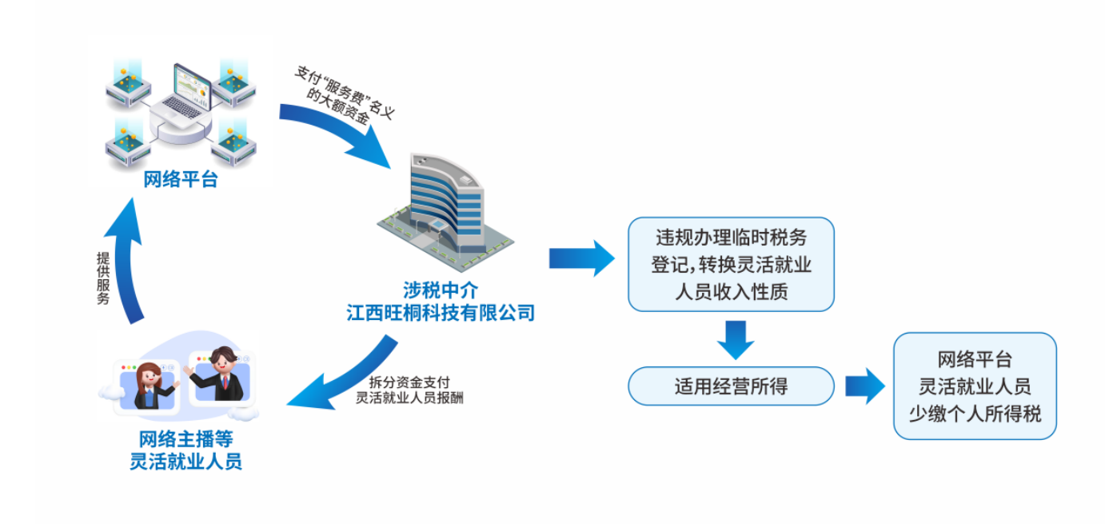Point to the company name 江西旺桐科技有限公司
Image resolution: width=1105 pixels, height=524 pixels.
[x=440, y=312]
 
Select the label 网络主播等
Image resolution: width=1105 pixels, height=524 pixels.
[x=185, y=439]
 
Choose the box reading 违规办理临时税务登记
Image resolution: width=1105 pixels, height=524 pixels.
[x=731, y=264]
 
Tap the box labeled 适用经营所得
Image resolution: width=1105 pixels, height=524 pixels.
[x=731, y=386]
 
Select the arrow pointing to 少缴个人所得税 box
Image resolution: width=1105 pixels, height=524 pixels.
[x=864, y=386]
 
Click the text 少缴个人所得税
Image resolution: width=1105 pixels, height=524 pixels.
[x=975, y=414]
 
